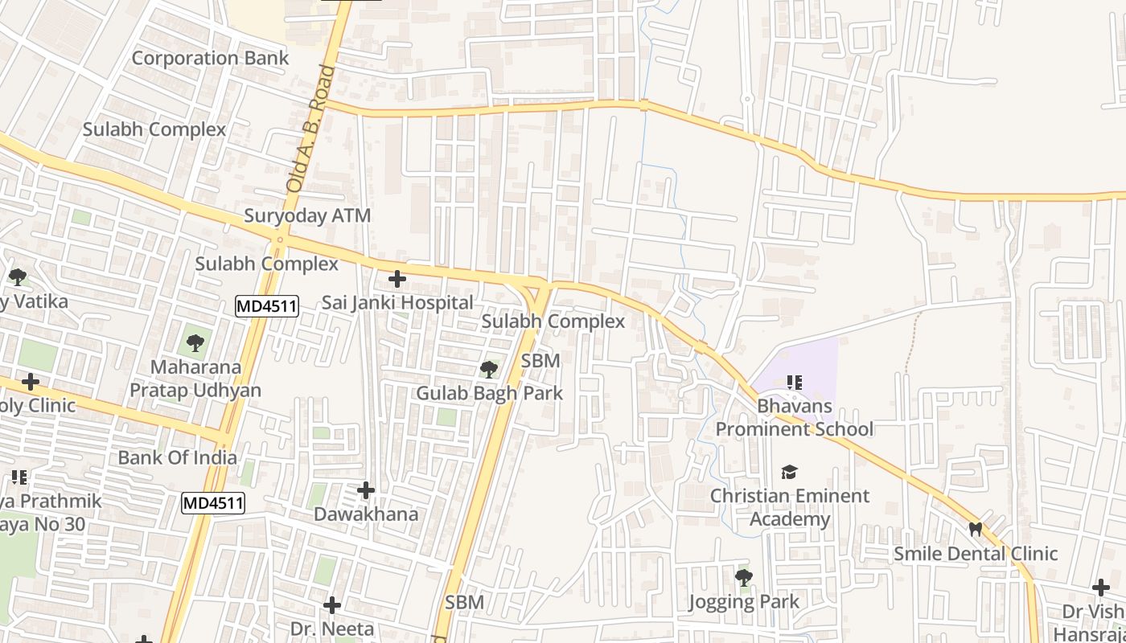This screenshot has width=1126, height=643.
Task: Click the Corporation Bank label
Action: tap(210, 58)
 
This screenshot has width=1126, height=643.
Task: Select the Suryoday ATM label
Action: tap(307, 215)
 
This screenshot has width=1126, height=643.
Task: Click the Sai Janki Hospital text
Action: tap(397, 303)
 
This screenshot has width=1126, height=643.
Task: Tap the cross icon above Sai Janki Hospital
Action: tap(397, 279)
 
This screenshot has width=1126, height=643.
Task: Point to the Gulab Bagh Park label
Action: tap(489, 393)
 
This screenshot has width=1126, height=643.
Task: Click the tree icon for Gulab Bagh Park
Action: tap(488, 369)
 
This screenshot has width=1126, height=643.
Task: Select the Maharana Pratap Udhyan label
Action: tap(195, 379)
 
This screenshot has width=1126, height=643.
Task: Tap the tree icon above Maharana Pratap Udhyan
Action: tap(195, 343)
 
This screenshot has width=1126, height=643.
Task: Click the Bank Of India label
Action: tap(178, 457)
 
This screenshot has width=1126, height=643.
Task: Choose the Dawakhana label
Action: tap(366, 514)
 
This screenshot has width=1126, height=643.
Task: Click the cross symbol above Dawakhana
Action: tap(366, 489)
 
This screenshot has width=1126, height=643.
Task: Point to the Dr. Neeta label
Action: tap(332, 628)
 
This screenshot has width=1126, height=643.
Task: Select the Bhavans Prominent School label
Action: tap(795, 417)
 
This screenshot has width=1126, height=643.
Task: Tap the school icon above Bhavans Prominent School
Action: tap(795, 383)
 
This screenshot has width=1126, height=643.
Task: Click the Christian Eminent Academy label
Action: tap(790, 507)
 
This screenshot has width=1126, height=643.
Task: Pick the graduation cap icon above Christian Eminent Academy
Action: tap(790, 472)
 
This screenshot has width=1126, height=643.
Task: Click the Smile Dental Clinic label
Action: tap(976, 553)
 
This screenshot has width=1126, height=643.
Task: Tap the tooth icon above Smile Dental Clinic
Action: tap(976, 529)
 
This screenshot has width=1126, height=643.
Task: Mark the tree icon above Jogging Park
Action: tap(744, 577)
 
